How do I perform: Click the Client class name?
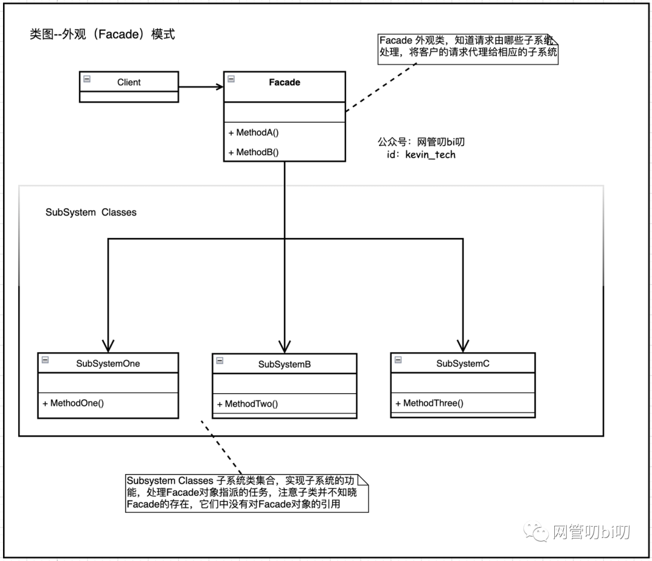point(129,82)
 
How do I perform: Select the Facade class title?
point(284,82)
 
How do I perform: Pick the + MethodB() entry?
point(254,152)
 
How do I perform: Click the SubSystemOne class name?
point(108,364)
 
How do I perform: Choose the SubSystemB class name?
point(284,364)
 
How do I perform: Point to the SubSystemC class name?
point(463,364)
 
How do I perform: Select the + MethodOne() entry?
point(73,403)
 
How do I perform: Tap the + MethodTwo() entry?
point(248,404)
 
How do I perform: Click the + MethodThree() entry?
point(430,403)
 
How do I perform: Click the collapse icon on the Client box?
point(87,79)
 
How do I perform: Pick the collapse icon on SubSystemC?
point(398,360)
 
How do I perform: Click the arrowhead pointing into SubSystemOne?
point(108,346)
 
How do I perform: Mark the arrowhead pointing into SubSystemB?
point(285,346)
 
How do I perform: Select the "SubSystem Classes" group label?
point(91,212)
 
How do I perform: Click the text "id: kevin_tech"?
point(421,155)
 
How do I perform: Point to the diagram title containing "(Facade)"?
point(103,34)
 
